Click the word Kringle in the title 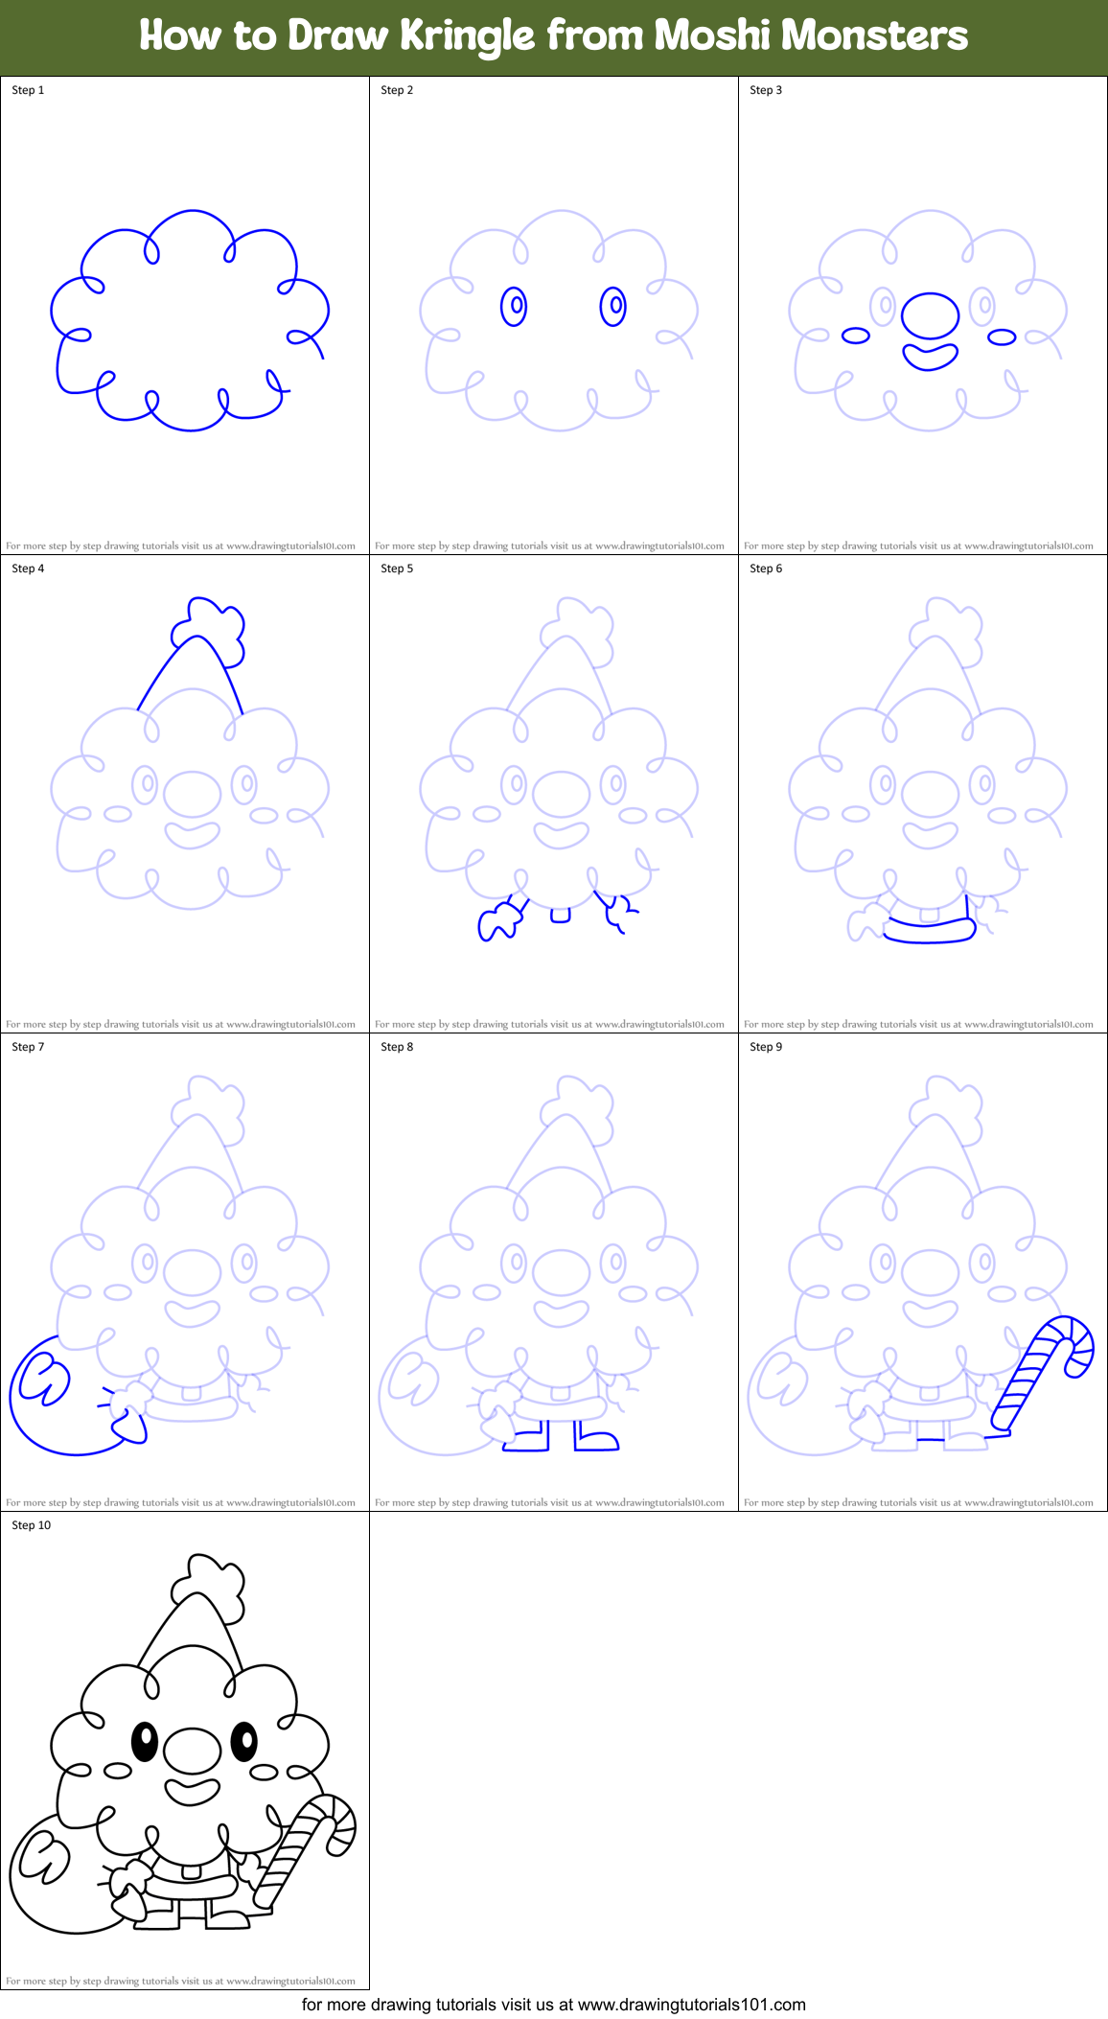pyautogui.click(x=467, y=36)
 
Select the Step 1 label pyautogui.click(x=28, y=90)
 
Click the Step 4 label pyautogui.click(x=28, y=569)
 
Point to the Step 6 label pyautogui.click(x=766, y=569)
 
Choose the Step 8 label pyautogui.click(x=397, y=1047)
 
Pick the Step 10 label pyautogui.click(x=32, y=1525)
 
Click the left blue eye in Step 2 pyautogui.click(x=515, y=307)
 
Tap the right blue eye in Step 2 pyautogui.click(x=613, y=307)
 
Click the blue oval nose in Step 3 pyautogui.click(x=930, y=315)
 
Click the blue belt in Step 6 pyautogui.click(x=930, y=930)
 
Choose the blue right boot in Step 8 pyautogui.click(x=595, y=1438)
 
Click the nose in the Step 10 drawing pyautogui.click(x=193, y=1752)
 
